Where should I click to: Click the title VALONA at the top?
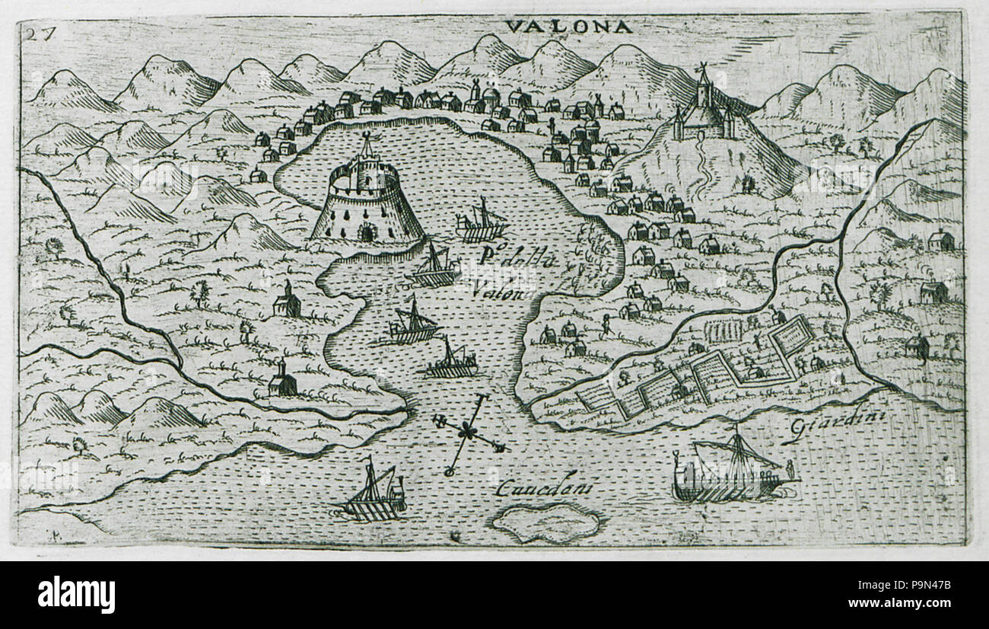tap(568, 27)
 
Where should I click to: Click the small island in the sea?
tap(545, 523)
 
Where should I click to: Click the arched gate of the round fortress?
tap(367, 231)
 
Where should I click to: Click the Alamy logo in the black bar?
tap(76, 594)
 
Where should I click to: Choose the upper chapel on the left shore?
tap(287, 300)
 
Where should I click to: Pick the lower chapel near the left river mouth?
tap(282, 378)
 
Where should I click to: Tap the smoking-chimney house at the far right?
tap(933, 290)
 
